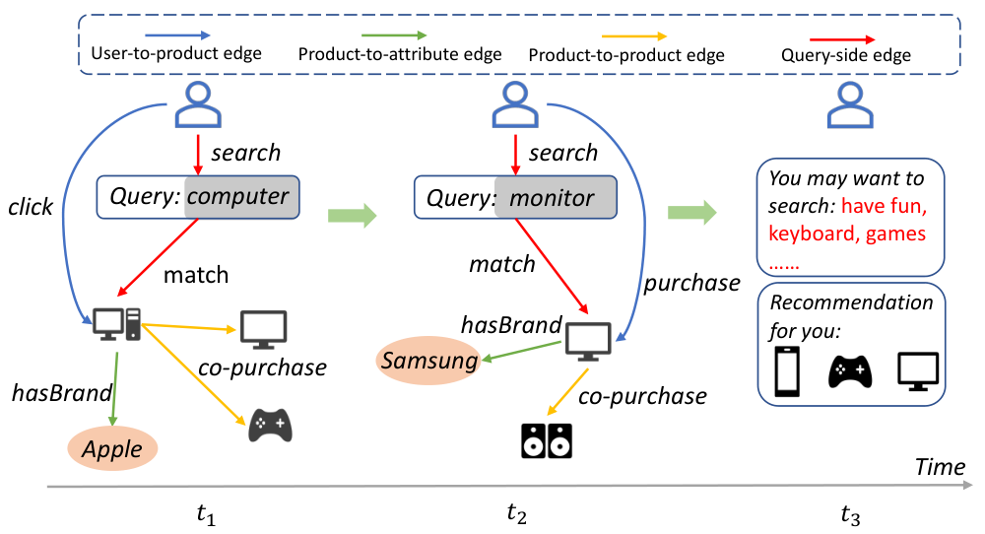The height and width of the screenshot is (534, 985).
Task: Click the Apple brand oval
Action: click(x=112, y=448)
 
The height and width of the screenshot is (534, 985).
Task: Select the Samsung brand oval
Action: click(x=429, y=361)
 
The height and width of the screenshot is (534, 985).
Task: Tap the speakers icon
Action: click(x=547, y=440)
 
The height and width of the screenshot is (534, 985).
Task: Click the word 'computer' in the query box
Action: click(x=238, y=197)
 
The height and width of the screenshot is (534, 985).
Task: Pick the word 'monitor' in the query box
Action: click(x=552, y=198)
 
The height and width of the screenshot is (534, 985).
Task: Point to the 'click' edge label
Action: click(x=31, y=207)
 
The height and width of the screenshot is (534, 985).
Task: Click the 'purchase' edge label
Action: click(x=691, y=284)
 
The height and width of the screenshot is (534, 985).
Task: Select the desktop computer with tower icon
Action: click(x=117, y=324)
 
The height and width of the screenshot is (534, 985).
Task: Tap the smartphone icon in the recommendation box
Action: click(x=787, y=371)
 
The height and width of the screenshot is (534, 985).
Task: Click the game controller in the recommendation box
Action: click(x=850, y=371)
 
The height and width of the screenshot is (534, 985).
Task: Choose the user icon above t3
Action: click(x=850, y=105)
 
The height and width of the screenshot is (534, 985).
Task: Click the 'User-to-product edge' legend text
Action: click(x=176, y=53)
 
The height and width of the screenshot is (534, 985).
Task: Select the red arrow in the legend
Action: click(x=842, y=39)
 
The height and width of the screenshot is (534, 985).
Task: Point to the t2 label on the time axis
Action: click(x=516, y=513)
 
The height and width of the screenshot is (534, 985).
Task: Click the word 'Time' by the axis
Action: click(x=940, y=467)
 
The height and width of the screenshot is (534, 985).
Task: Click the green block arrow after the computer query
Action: click(x=352, y=216)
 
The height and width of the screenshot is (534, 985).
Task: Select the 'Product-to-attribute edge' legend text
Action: click(x=400, y=54)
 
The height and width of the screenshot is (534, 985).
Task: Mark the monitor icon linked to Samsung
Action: click(x=588, y=341)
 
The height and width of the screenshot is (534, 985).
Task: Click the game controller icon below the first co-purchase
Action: click(x=270, y=426)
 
